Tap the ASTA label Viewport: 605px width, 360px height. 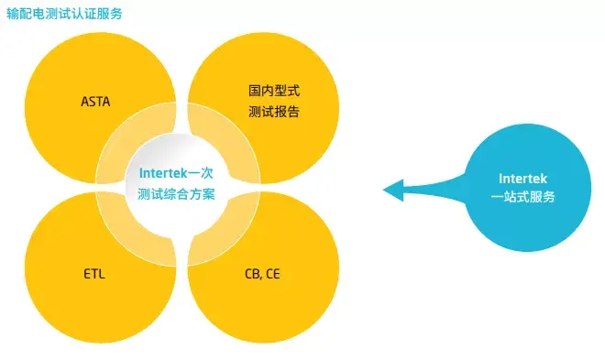coord(95,101)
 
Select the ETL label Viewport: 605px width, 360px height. coord(94,273)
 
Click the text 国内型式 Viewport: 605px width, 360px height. coord(273,92)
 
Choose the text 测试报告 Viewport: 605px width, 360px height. coord(273,113)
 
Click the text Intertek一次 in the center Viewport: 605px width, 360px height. coord(177,172)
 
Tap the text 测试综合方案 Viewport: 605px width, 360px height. coord(177,193)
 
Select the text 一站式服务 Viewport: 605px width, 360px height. coord(523,197)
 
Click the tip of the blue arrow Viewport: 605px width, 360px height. coord(385,190)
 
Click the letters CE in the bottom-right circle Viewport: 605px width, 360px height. coord(273,273)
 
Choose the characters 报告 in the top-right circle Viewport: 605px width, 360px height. coord(287,113)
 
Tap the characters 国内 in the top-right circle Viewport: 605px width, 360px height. coord(260,92)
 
